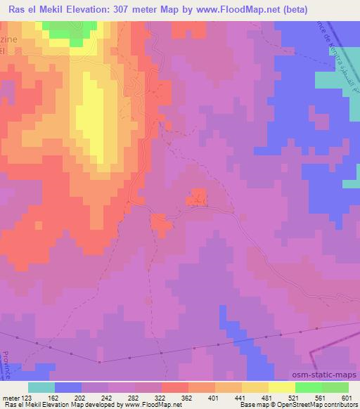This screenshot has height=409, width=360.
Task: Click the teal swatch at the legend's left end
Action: (41, 387)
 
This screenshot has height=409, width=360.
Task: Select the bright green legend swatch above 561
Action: (308, 387)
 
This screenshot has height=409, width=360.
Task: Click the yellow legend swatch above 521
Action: (281, 387)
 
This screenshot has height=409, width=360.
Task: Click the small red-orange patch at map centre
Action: (197, 197)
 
